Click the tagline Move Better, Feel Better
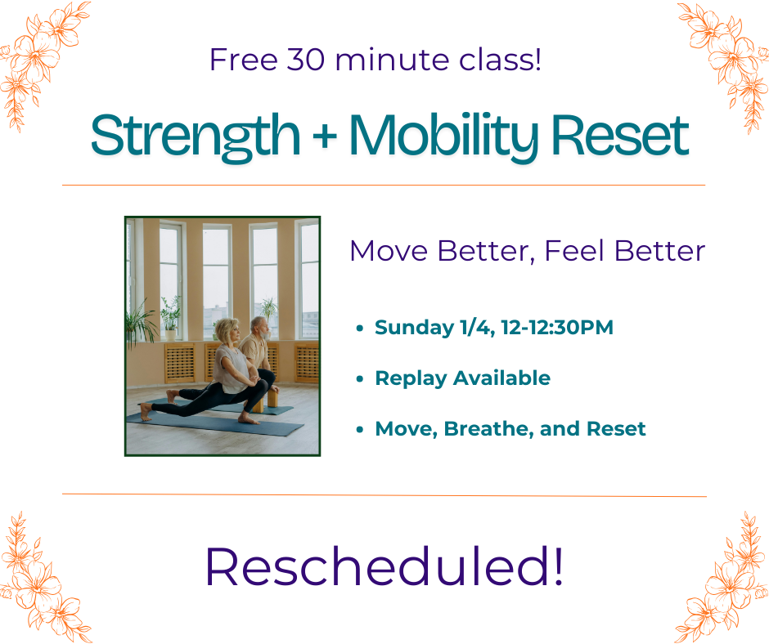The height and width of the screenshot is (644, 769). click(526, 251)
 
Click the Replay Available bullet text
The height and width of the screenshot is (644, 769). click(462, 378)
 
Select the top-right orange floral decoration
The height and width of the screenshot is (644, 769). click(724, 57)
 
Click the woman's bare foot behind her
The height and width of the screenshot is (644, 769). click(145, 410)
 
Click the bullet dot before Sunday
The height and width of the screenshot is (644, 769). click(361, 329)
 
